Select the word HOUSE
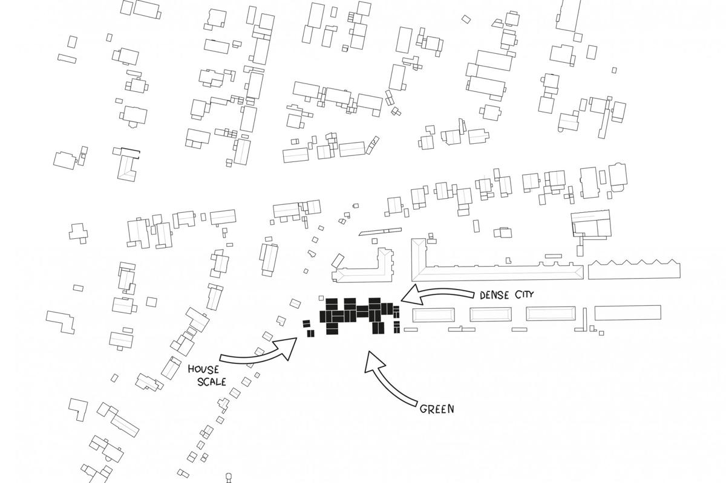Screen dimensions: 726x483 (203, 369)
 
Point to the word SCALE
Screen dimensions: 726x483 (212, 381)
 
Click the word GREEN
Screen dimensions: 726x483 (437, 409)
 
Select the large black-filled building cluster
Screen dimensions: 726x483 (359, 316)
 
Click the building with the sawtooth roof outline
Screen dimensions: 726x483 (634, 270)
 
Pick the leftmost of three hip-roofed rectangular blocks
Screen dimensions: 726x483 (433, 315)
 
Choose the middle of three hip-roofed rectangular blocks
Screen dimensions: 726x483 (491, 314)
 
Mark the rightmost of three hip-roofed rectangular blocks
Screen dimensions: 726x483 (551, 314)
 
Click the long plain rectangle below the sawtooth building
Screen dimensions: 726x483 (628, 313)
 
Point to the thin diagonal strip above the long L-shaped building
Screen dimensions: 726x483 (380, 232)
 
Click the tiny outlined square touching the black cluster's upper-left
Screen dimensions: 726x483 (321, 297)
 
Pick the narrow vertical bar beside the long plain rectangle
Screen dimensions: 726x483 (585, 319)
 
